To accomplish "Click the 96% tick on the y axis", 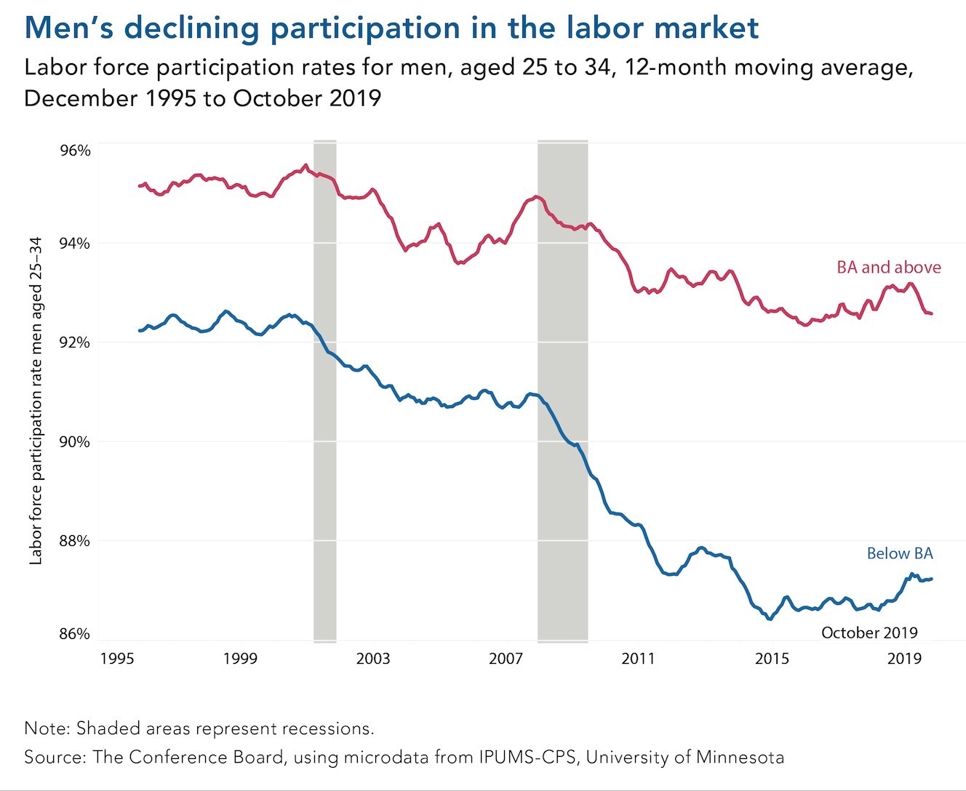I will point(75,150).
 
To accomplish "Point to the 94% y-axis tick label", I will point(75,243).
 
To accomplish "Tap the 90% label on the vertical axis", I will point(75,442).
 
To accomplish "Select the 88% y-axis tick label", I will point(75,541).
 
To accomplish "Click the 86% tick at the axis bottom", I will point(75,633).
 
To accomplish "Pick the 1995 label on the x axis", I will point(116,659).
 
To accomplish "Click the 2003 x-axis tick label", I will point(372,659).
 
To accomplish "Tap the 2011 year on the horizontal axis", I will point(638,659).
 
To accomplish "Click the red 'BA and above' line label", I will point(888,268).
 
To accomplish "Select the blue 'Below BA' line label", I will point(899,554).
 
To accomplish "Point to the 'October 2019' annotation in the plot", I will point(869,633).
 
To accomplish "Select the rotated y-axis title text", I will point(36,401).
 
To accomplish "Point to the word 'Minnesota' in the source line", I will point(740,758).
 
